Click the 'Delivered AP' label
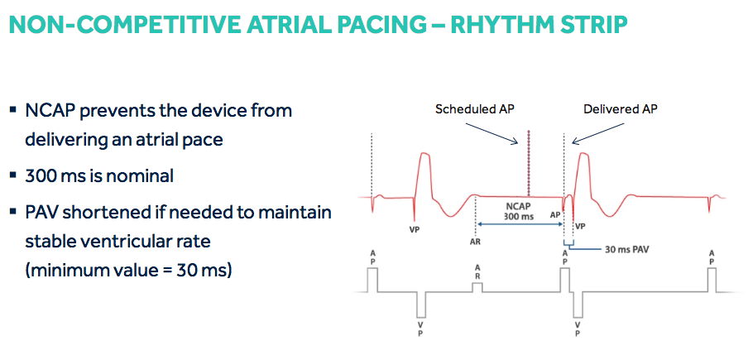pos(620,108)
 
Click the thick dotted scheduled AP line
pos(528,163)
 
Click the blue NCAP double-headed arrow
pos(520,223)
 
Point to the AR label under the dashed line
pos(475,242)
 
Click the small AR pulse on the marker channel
pos(477,287)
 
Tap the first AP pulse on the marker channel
pos(372,281)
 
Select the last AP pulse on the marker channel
pos(712,281)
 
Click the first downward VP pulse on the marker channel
pos(421,305)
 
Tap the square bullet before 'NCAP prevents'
pos(13,111)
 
